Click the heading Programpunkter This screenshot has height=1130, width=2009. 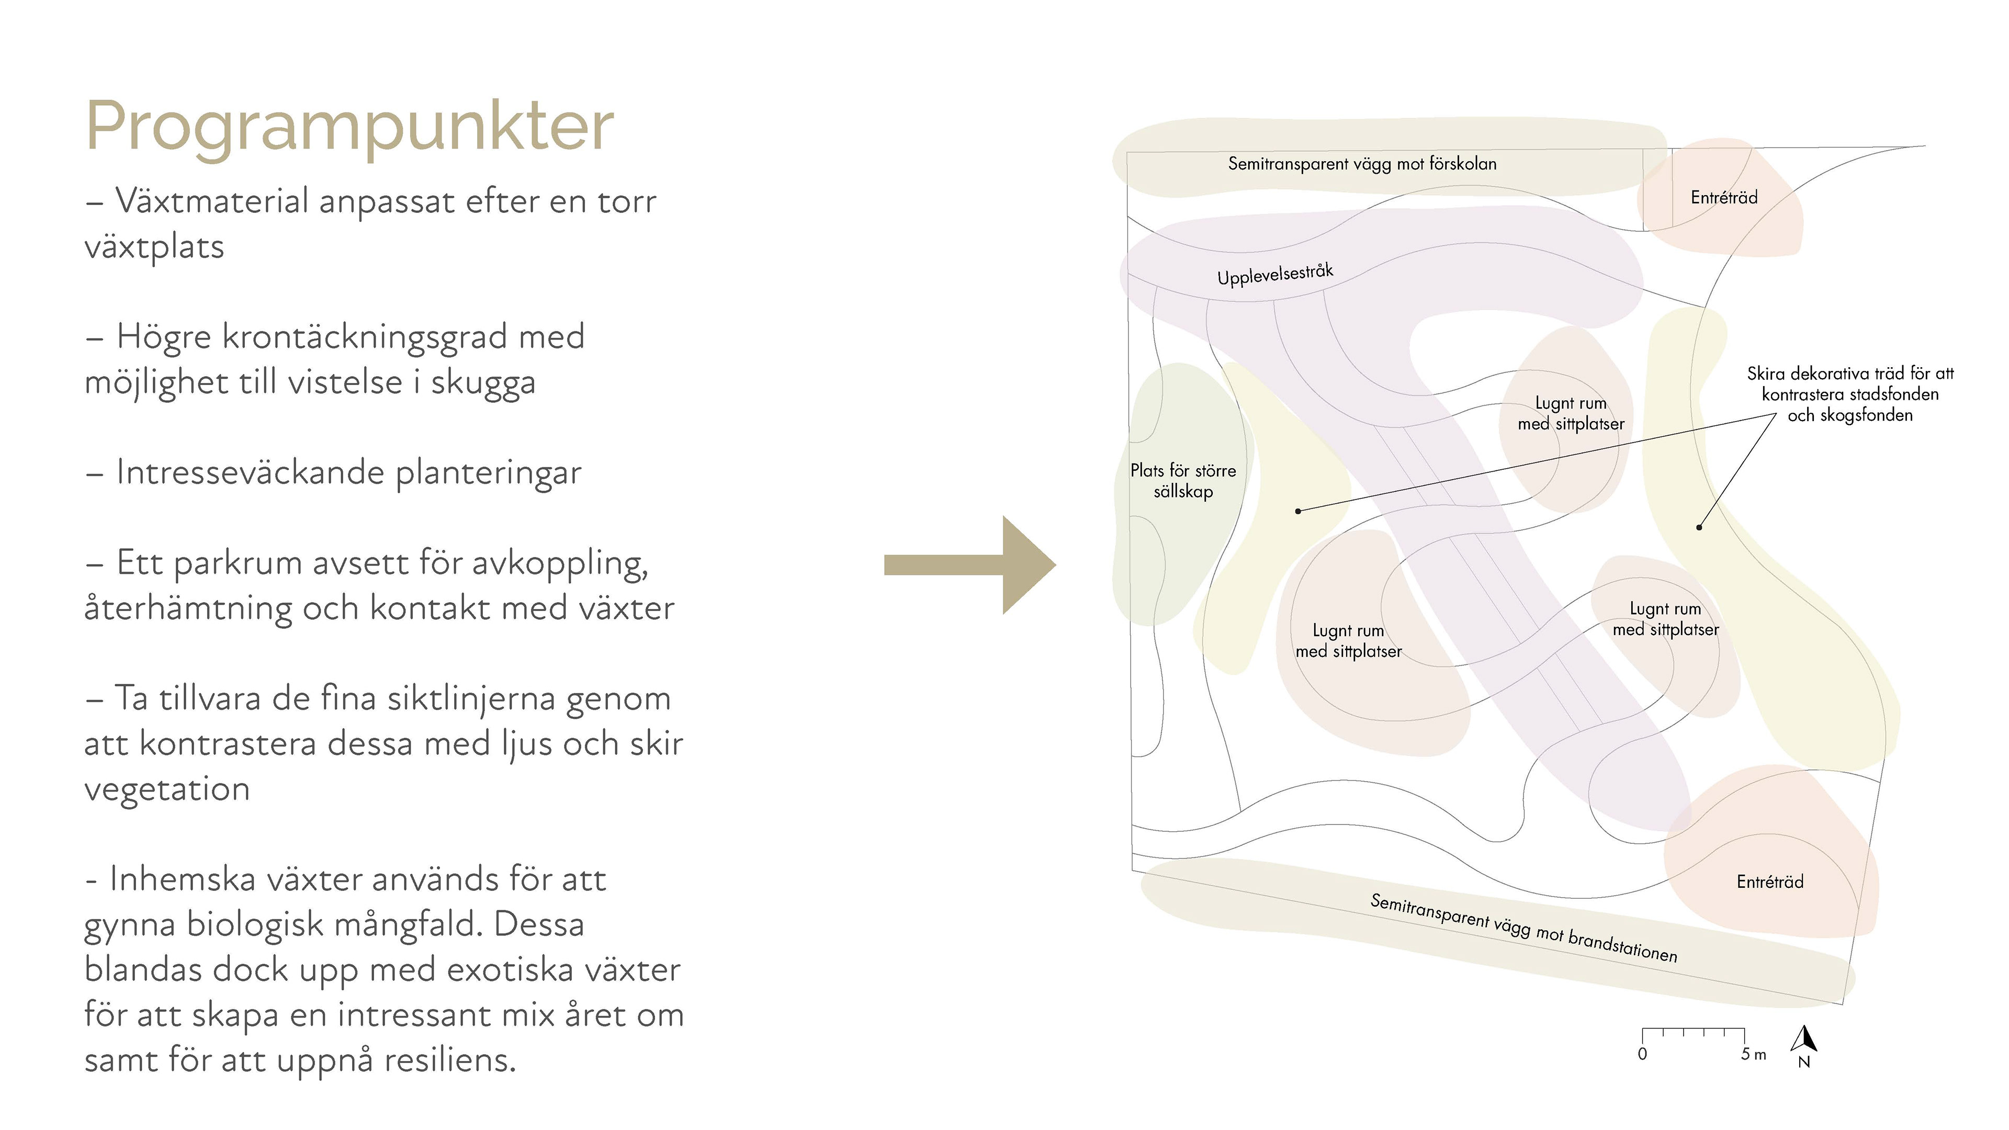point(349,126)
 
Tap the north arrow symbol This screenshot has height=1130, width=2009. point(1804,1039)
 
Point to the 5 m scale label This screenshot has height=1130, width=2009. point(1753,1054)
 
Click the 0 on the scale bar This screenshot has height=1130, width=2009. point(1642,1054)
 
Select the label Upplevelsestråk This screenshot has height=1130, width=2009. point(1275,275)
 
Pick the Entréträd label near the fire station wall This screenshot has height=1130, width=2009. point(1769,882)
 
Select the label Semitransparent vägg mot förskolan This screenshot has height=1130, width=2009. point(1362,164)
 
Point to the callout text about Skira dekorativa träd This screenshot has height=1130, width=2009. point(1850,394)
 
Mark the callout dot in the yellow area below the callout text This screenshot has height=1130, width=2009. point(1699,528)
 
